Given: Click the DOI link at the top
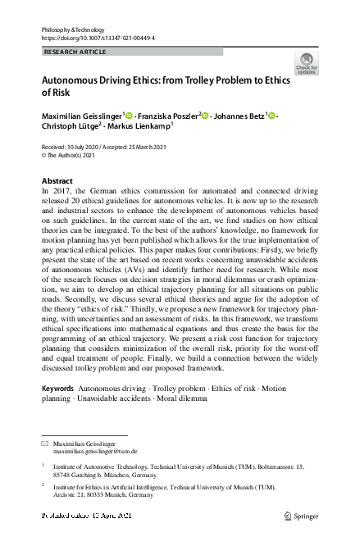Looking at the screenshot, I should coord(98,38).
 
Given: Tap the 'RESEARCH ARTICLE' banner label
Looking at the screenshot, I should coord(75,51).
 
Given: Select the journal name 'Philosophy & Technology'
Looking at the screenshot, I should coord(72,28).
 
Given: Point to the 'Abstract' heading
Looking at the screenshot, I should coord(57,180).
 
